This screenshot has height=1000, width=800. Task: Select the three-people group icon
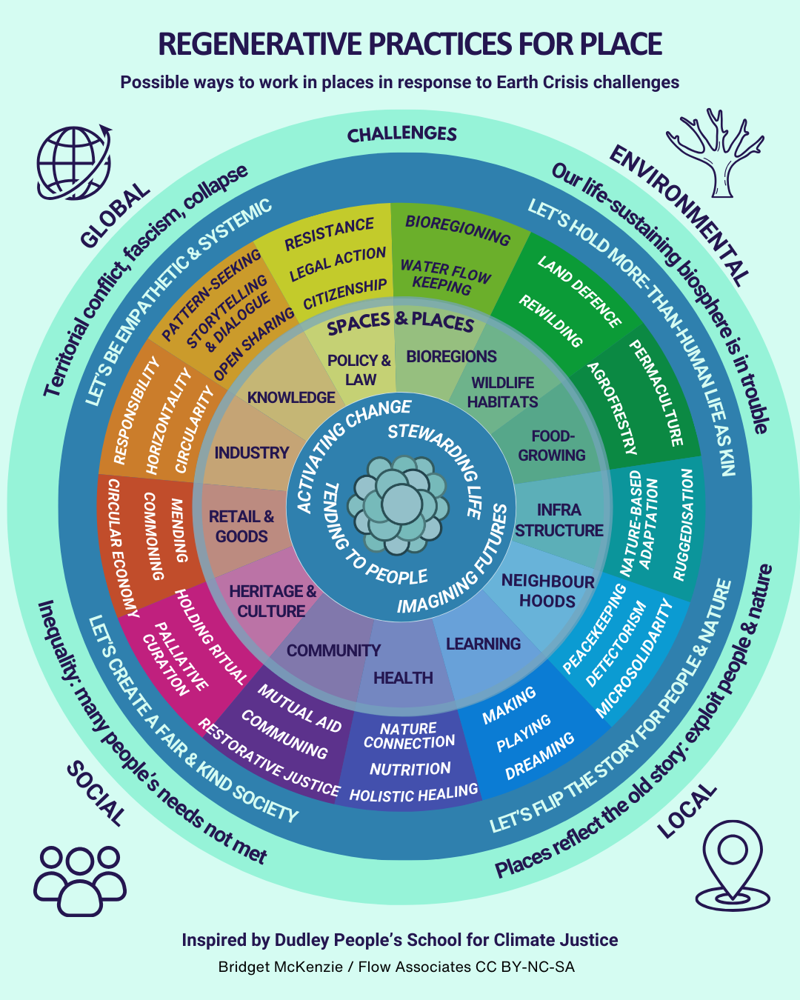[79, 879]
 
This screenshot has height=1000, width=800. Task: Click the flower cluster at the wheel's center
[400, 504]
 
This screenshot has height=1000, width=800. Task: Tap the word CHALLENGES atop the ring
[401, 133]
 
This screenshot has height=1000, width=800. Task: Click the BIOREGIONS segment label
[451, 356]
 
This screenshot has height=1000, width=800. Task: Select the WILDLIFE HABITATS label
[503, 392]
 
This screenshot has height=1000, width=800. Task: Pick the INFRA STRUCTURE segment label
[559, 520]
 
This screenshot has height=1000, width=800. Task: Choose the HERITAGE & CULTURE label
[272, 601]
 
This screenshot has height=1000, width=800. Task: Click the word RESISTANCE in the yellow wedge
[329, 233]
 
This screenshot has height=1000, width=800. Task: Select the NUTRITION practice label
[410, 769]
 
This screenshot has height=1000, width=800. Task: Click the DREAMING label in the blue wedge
[539, 756]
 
